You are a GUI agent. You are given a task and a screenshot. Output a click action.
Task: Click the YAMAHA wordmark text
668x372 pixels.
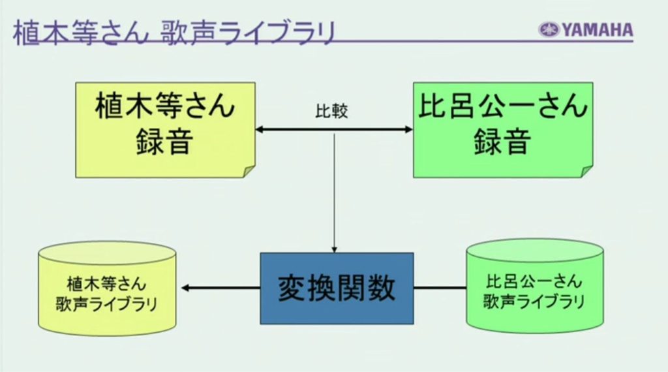(x=598, y=30)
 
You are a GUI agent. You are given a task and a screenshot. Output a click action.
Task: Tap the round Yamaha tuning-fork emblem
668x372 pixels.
(x=549, y=30)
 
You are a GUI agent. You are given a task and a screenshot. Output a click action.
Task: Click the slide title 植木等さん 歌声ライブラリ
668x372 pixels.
(x=175, y=33)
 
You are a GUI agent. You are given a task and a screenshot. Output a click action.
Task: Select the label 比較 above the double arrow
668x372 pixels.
(x=331, y=111)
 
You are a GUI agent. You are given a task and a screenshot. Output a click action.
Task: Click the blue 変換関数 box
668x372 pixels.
(x=337, y=288)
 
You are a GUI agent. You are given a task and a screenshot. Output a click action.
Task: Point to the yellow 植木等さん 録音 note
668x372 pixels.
(x=165, y=130)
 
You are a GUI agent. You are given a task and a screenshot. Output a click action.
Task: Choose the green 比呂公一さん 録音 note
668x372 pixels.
(x=503, y=130)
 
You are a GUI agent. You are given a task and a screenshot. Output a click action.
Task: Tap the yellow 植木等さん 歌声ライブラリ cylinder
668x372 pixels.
(x=108, y=289)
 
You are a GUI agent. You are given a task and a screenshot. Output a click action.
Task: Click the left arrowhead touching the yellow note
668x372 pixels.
(x=259, y=129)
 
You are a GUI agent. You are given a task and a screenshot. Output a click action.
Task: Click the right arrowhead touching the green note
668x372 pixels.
(x=409, y=129)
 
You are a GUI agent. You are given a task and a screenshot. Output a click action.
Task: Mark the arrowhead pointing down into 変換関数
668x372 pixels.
(x=335, y=249)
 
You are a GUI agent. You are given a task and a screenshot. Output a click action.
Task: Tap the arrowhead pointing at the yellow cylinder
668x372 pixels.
(x=185, y=288)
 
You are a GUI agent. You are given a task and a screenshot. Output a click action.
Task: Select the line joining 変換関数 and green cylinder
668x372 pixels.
(x=440, y=288)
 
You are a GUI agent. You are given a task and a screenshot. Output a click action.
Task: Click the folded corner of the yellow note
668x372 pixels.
(x=249, y=171)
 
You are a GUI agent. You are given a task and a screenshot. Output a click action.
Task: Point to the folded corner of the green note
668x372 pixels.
(x=587, y=171)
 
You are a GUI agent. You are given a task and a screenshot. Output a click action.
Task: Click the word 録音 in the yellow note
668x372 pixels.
(x=164, y=142)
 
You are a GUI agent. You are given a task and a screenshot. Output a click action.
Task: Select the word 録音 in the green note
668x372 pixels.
(x=503, y=142)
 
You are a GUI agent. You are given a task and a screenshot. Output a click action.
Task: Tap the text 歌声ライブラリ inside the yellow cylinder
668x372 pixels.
(x=107, y=304)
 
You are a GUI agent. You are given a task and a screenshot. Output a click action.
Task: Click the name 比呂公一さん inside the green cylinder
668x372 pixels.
(x=534, y=282)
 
